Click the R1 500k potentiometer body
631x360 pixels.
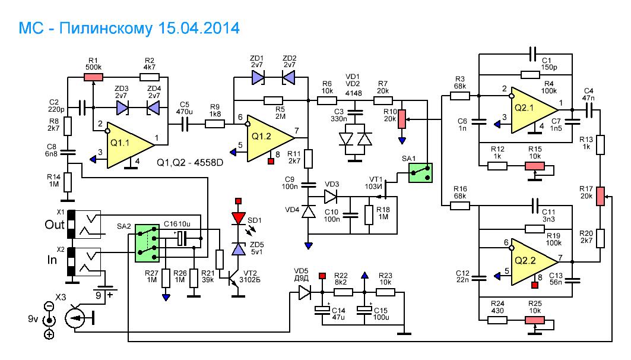pos(93,76)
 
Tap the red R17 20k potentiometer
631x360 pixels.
pos(600,195)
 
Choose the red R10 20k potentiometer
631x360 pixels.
pos(401,119)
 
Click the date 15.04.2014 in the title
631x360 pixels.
pos(196,28)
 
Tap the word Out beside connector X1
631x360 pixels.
pos(54,226)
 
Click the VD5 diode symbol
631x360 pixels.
pos(304,292)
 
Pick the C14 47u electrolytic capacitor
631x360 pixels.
pos(322,311)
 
